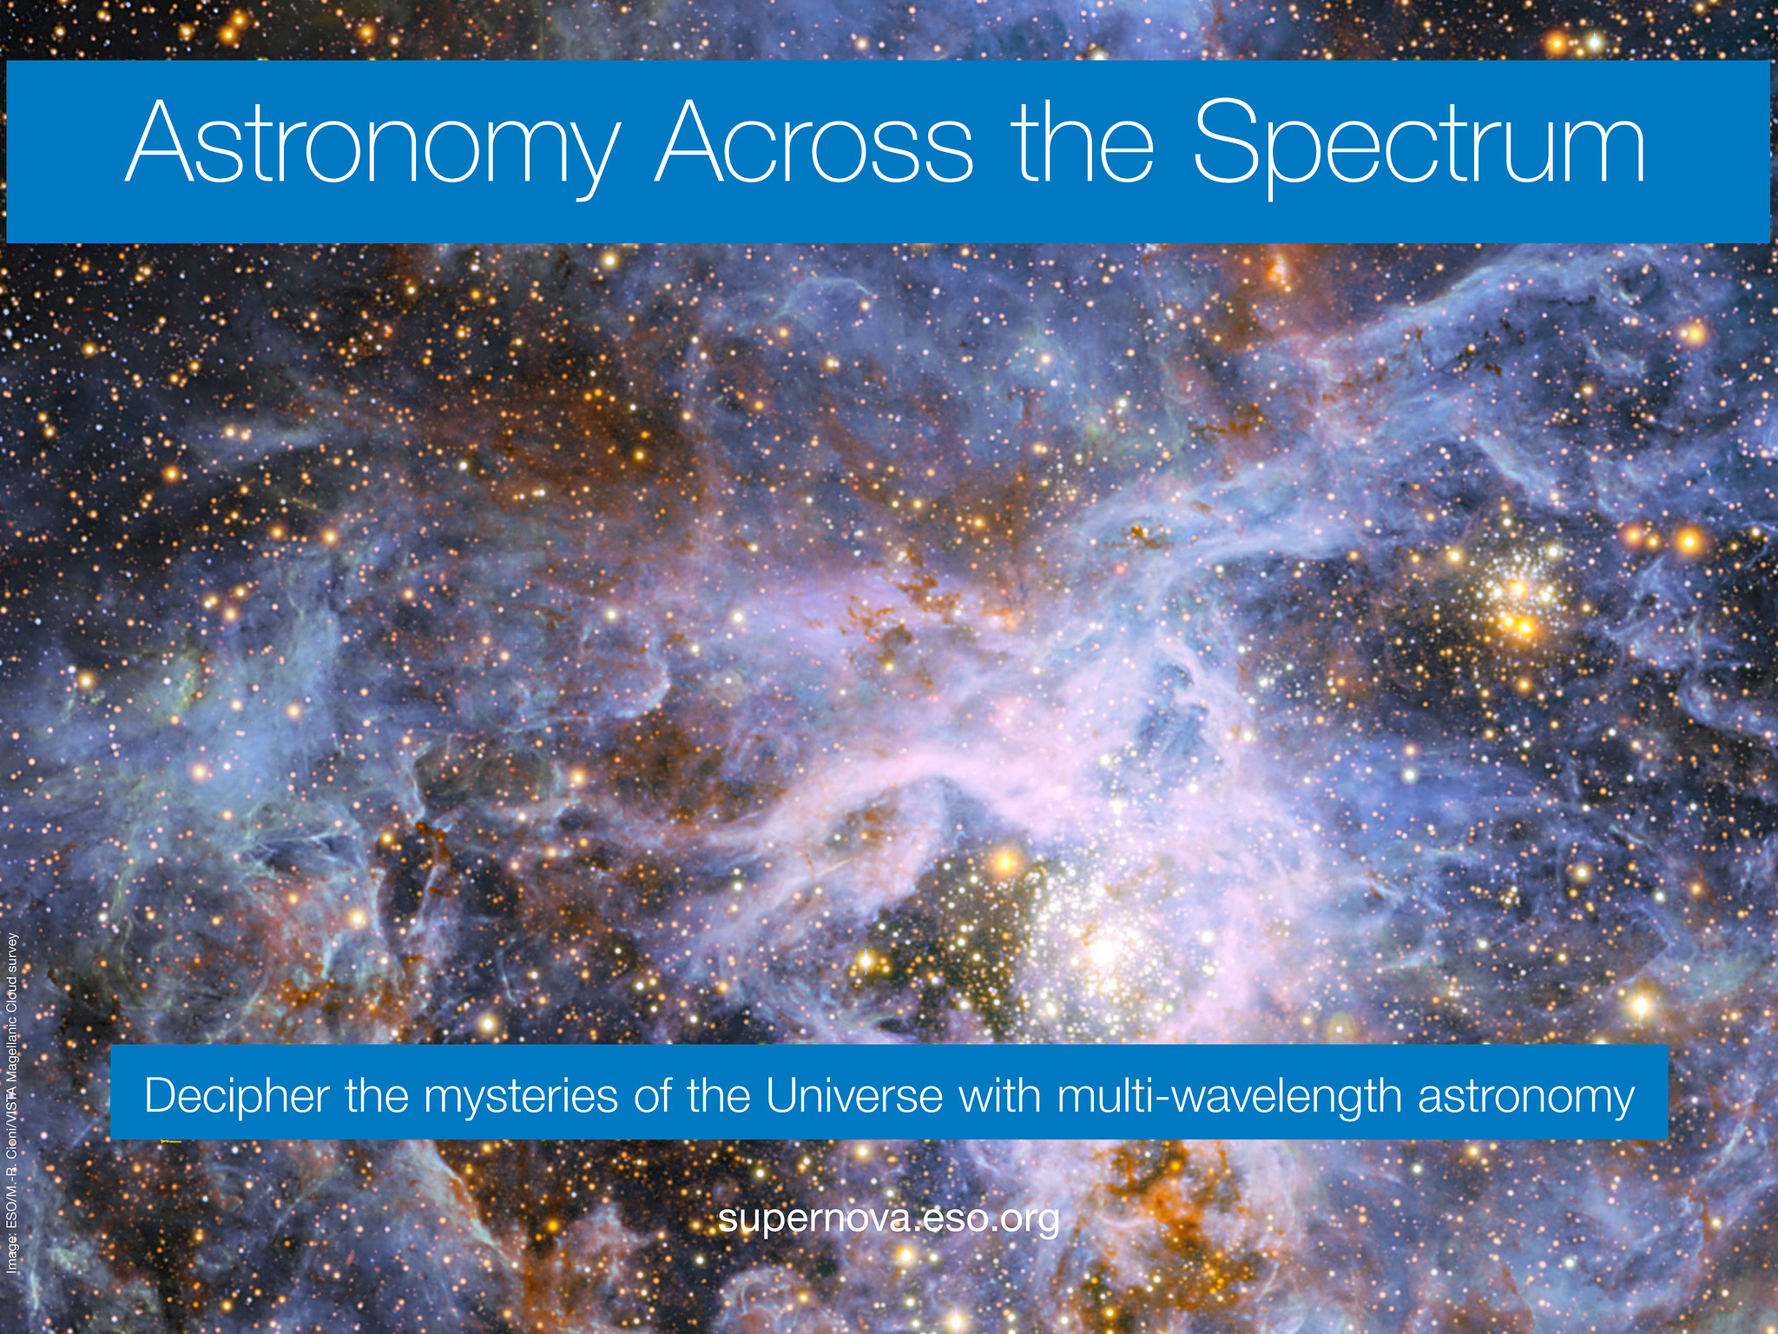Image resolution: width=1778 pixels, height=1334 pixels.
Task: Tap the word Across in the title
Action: tap(814, 142)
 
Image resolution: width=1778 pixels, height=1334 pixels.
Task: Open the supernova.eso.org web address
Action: tap(889, 1219)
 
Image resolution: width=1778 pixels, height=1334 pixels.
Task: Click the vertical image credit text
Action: tap(11, 1102)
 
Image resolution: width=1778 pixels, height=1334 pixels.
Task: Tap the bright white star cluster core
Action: tap(1104, 952)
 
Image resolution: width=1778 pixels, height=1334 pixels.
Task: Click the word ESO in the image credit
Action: tap(11, 1217)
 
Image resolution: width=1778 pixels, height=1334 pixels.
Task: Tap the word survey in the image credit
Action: tap(11, 953)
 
